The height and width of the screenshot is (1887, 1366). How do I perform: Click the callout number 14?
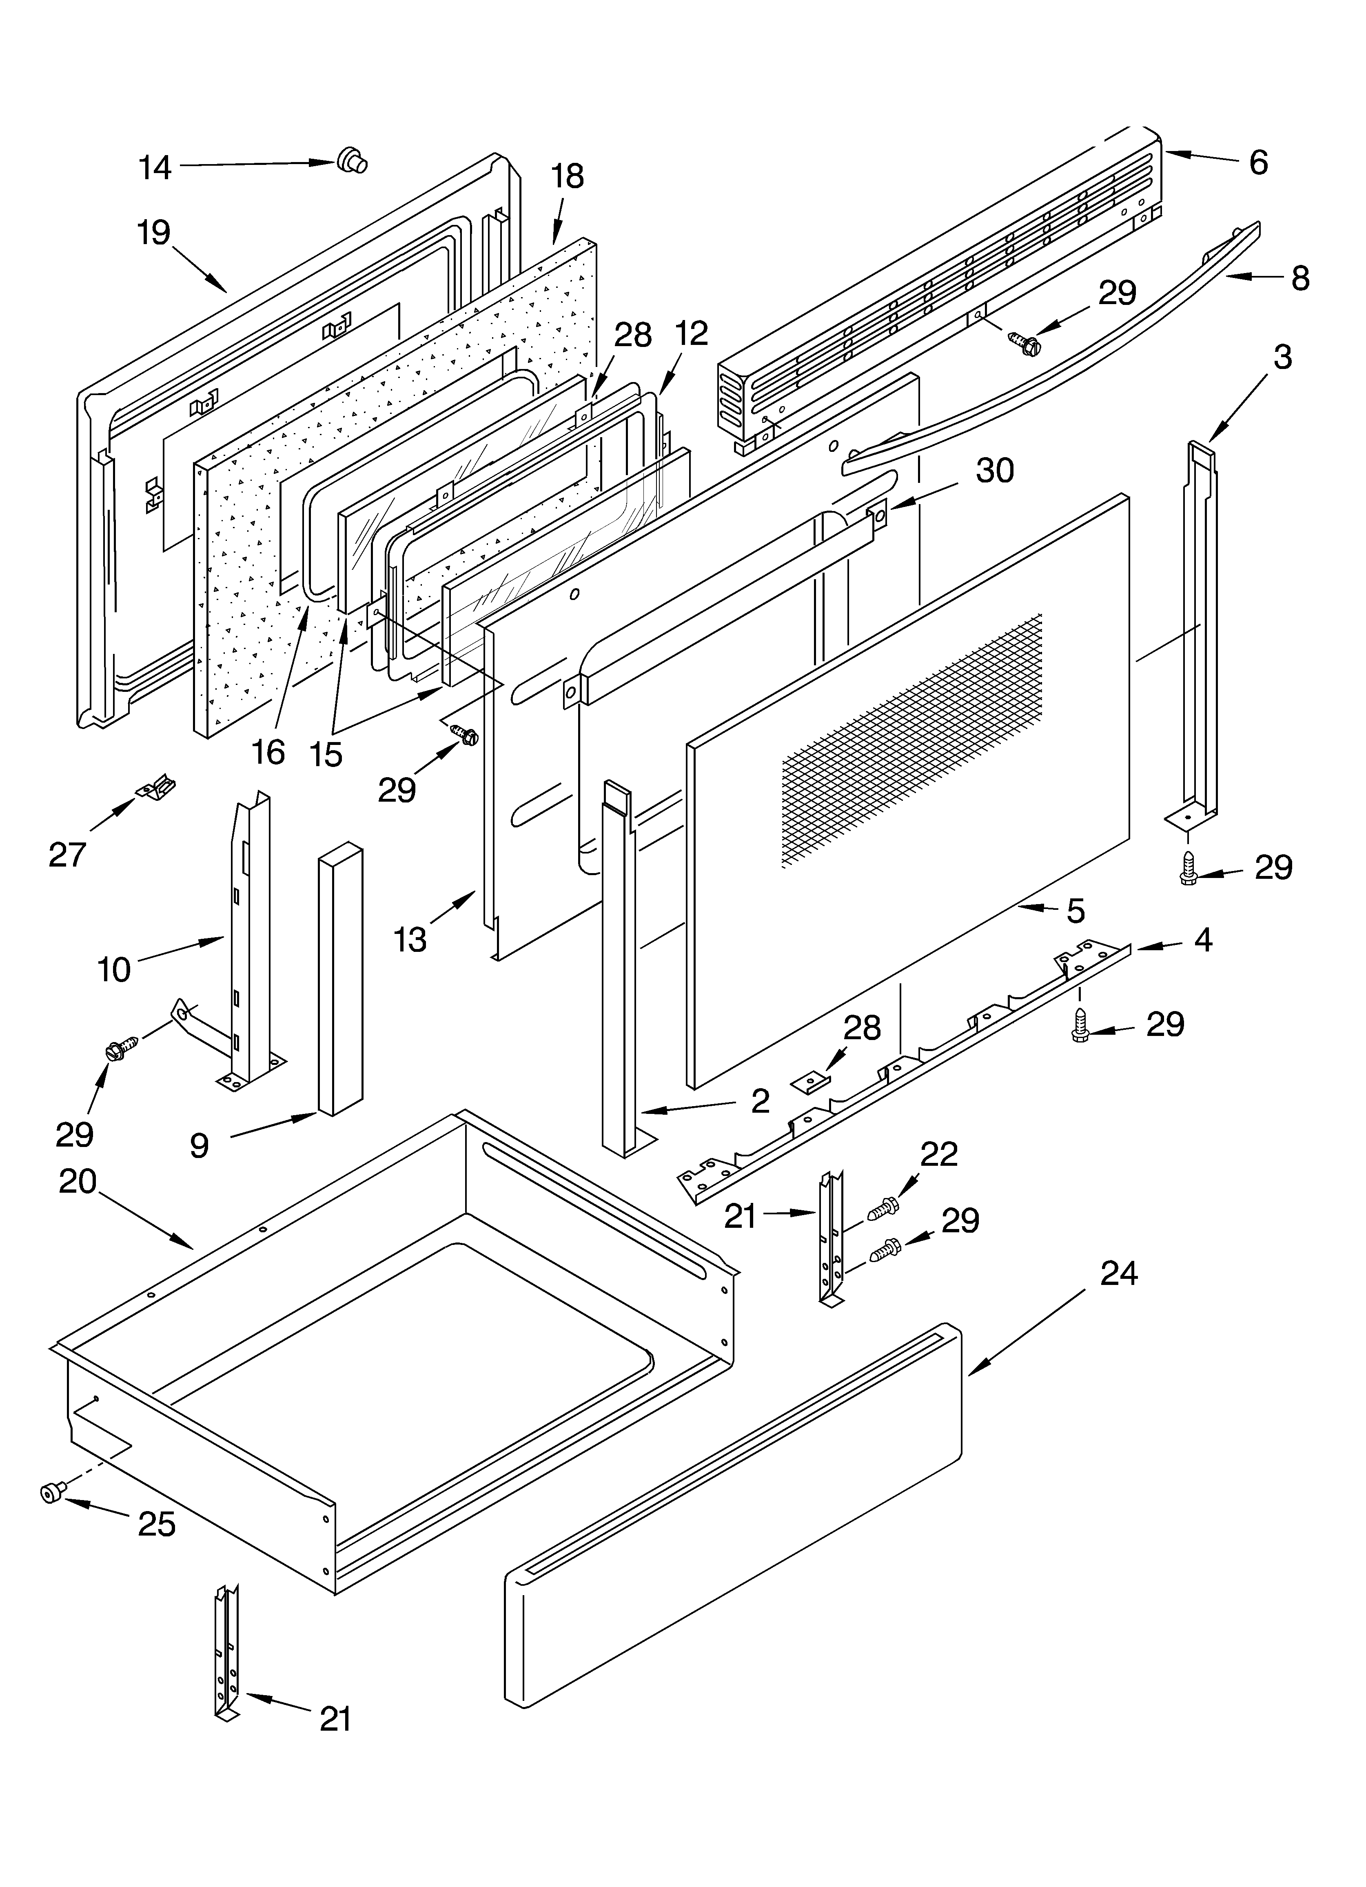click(155, 167)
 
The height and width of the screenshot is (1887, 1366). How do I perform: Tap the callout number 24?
click(1119, 1273)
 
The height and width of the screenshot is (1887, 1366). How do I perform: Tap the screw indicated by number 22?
click(882, 1208)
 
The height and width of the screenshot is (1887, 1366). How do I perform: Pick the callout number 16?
click(268, 752)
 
